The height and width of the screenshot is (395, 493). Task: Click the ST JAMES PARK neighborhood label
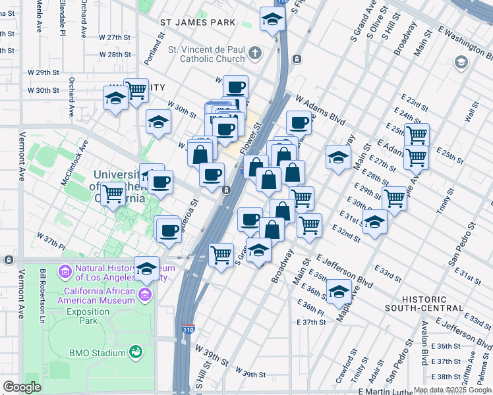[198, 23]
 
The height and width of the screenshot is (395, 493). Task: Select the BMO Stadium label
[97, 353]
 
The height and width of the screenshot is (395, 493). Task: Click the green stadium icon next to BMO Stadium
[136, 353]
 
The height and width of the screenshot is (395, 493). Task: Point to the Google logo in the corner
[22, 386]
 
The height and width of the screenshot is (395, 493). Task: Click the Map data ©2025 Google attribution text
[452, 390]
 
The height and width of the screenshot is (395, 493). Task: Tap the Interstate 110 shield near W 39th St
[188, 328]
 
